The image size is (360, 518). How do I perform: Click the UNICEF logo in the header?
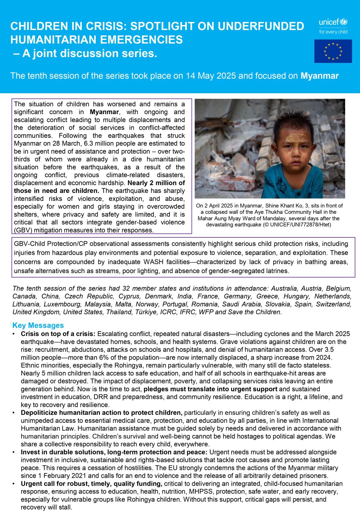pyautogui.click(x=333, y=23)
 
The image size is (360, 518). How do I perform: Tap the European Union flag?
pyautogui.click(x=333, y=51)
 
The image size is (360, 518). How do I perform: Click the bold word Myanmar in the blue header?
pyautogui.click(x=319, y=76)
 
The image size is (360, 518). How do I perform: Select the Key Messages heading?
pyautogui.click(x=38, y=325)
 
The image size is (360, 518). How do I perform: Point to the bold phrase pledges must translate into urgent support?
pyautogui.click(x=210, y=389)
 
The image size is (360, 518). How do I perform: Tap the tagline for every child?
pyautogui.click(x=333, y=32)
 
